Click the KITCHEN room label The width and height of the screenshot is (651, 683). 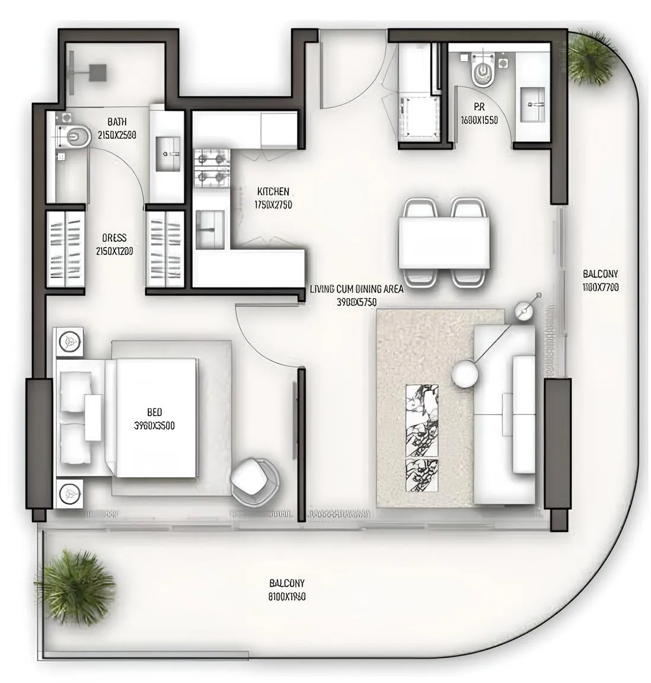273,192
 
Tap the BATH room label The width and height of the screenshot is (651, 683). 117,122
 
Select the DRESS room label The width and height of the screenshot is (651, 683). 114,238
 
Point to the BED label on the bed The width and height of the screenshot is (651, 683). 154,412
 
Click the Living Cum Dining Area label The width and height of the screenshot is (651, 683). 356,289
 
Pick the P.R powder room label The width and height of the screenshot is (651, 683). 479,107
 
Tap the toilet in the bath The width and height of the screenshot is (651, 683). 73,136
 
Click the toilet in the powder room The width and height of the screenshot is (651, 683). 481,74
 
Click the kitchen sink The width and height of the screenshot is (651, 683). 210,229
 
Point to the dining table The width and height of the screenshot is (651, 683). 444,243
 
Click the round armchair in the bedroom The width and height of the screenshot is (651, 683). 254,480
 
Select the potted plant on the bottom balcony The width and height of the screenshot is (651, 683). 77,587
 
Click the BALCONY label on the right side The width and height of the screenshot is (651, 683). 600,274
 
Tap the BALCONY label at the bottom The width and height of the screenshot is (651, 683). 287,583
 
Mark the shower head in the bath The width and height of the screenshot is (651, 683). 97,73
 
